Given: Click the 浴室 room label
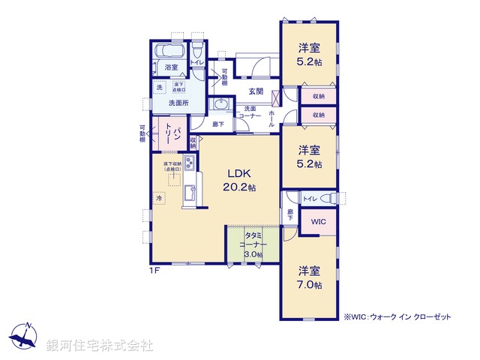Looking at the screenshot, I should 172,67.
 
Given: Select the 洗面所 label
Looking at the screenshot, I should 178,103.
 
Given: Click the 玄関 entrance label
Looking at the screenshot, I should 256,91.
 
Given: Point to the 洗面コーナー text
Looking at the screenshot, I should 250,112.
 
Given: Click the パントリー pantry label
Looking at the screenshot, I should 175,136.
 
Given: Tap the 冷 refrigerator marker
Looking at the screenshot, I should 159,198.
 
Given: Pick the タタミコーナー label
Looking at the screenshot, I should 253,240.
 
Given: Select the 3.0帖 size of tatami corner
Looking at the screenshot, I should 253,254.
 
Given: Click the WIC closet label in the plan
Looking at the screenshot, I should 317,222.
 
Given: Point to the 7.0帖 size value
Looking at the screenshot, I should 309,286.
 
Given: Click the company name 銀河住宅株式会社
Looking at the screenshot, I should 99,346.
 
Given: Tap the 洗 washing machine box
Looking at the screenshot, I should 159,88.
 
